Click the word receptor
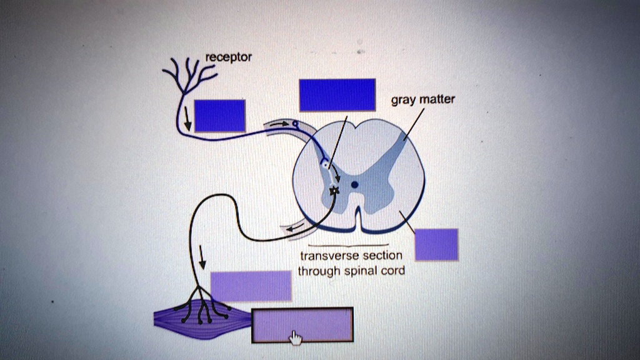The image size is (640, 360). (229, 57)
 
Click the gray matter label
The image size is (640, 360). (423, 99)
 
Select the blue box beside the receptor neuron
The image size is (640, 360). (219, 116)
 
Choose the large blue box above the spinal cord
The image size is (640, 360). (337, 95)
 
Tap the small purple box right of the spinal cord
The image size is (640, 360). (436, 244)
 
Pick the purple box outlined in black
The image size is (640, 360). (302, 325)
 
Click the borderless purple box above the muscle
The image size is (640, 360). (251, 286)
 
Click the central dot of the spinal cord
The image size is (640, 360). (354, 184)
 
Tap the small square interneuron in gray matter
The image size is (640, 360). (324, 162)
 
